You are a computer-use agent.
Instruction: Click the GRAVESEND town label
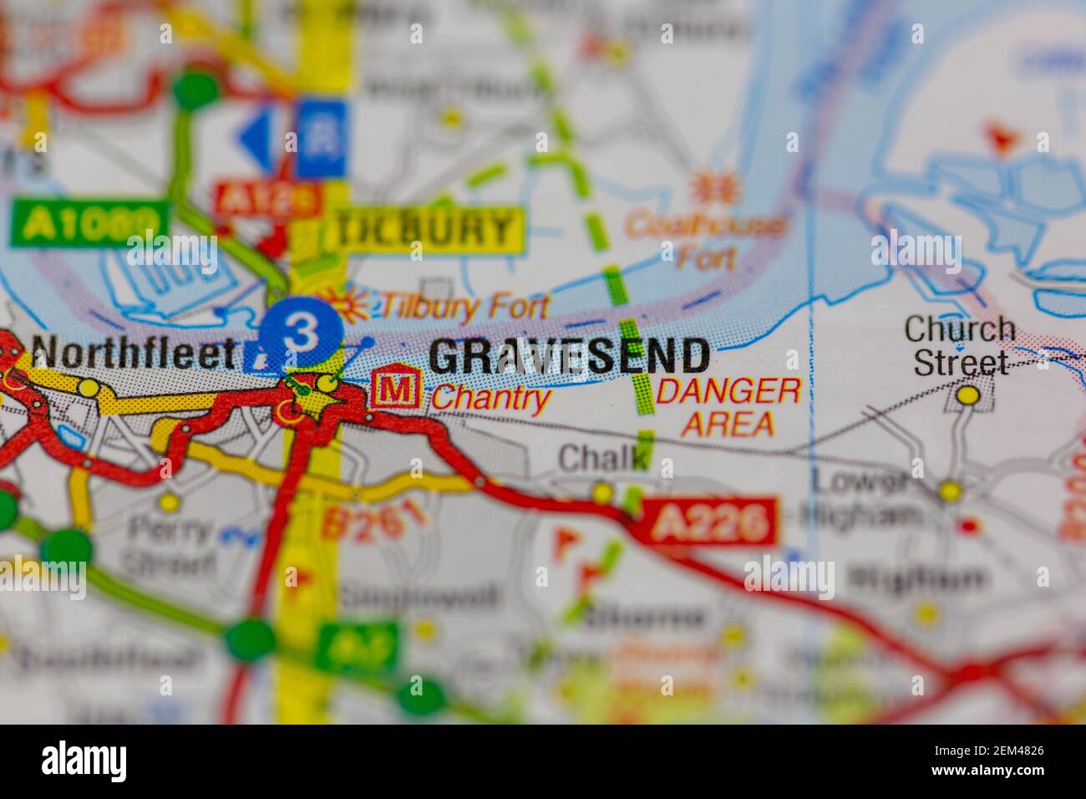click(569, 357)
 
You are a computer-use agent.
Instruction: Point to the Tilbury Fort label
click(464, 308)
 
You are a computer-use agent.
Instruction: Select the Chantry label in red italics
click(490, 399)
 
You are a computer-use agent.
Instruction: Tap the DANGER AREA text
click(728, 407)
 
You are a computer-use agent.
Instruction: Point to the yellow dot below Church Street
click(968, 394)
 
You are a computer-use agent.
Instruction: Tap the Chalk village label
click(603, 458)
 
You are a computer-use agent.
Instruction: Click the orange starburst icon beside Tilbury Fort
click(348, 304)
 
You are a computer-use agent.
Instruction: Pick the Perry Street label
click(170, 544)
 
